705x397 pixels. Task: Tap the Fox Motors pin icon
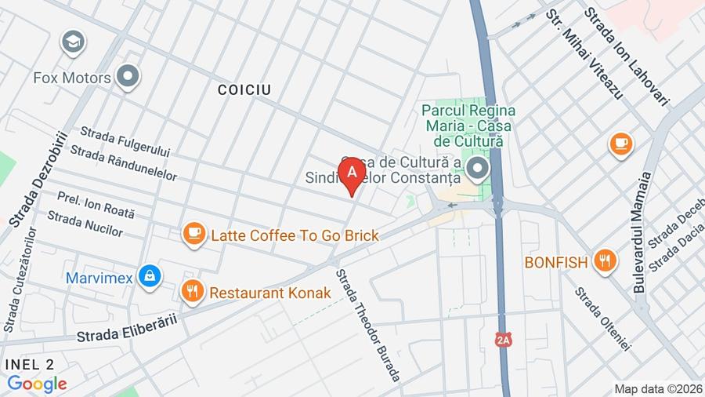[x=127, y=77]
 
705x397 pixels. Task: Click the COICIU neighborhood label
[x=244, y=90]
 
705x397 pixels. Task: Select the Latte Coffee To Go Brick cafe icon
[x=193, y=234]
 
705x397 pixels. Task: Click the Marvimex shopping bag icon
[x=149, y=275]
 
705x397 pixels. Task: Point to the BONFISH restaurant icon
[x=604, y=261]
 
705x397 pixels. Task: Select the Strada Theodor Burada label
[x=368, y=326]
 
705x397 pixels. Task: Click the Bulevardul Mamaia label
[x=642, y=233]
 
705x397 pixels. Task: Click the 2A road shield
[x=502, y=341]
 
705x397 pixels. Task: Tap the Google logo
[x=37, y=384]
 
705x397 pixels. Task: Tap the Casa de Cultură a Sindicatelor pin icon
[x=476, y=168]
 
